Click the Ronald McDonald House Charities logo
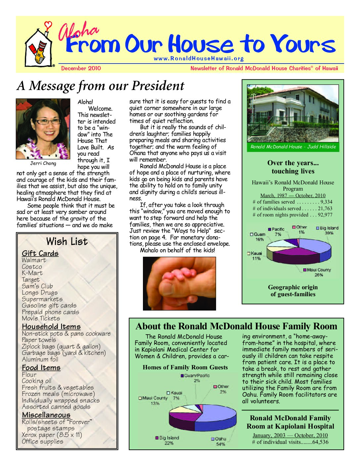click(x=39, y=45)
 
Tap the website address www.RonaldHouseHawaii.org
click(x=199, y=59)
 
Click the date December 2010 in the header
click(x=81, y=69)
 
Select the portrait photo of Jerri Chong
click(x=43, y=129)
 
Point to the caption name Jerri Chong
click(x=43, y=163)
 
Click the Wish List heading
click(x=67, y=241)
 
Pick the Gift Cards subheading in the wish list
click(x=40, y=253)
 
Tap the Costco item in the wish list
click(x=32, y=267)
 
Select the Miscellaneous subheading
click(x=46, y=415)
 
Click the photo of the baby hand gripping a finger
click(x=179, y=284)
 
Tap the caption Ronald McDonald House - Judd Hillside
click(x=293, y=147)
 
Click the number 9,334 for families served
click(x=326, y=202)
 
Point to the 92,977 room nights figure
click(x=325, y=215)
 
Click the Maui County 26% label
click(x=318, y=272)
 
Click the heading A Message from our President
click(x=101, y=86)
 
